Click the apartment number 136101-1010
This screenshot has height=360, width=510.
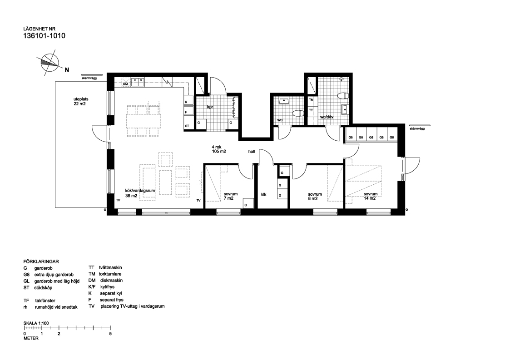pyautogui.click(x=44, y=36)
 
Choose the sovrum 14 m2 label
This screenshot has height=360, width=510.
pyautogui.click(x=371, y=196)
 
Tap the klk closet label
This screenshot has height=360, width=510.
pyautogui.click(x=263, y=194)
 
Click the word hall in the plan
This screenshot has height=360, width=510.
pyautogui.click(x=252, y=152)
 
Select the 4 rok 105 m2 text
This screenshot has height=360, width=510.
pyautogui.click(x=218, y=149)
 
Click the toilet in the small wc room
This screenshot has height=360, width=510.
pyautogui.click(x=298, y=113)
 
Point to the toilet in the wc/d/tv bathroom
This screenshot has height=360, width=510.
pyautogui.click(x=343, y=96)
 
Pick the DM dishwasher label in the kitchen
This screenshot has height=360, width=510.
pyautogui.click(x=125, y=84)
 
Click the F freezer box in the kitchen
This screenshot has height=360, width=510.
pyautogui.click(x=188, y=111)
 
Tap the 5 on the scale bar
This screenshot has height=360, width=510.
pyautogui.click(x=111, y=333)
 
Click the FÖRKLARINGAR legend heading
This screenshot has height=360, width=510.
pyautogui.click(x=41, y=261)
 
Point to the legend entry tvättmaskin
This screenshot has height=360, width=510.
pyautogui.click(x=110, y=268)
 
